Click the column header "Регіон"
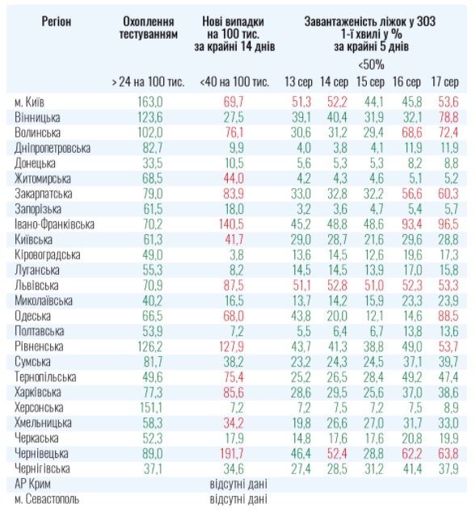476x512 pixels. pyautogui.click(x=57, y=22)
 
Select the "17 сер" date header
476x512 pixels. pyautogui.click(x=444, y=82)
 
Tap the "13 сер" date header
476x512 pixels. pyautogui.click(x=298, y=82)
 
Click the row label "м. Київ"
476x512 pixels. pyautogui.click(x=29, y=103)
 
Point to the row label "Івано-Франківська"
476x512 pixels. pyautogui.click(x=54, y=225)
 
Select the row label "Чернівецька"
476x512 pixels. pyautogui.click(x=41, y=454)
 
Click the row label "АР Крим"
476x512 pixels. pyautogui.click(x=32, y=484)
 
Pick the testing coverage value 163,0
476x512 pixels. pyautogui.click(x=150, y=103)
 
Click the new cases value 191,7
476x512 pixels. pyautogui.click(x=231, y=454)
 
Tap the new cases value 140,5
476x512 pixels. pyautogui.click(x=231, y=225)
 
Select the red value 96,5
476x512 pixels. pyautogui.click(x=449, y=225)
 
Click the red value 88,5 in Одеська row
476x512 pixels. pyautogui.click(x=449, y=316)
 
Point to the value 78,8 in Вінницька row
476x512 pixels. pyautogui.click(x=449, y=118)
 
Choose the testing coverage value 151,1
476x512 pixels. pyautogui.click(x=151, y=408)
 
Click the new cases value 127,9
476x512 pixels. pyautogui.click(x=231, y=346)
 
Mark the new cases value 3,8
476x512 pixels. pyautogui.click(x=237, y=255)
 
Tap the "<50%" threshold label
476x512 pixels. pyautogui.click(x=371, y=65)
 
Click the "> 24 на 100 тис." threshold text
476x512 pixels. pyautogui.click(x=148, y=82)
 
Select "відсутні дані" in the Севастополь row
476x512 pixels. pyautogui.click(x=238, y=499)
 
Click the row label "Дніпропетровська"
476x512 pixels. pyautogui.click(x=53, y=149)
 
